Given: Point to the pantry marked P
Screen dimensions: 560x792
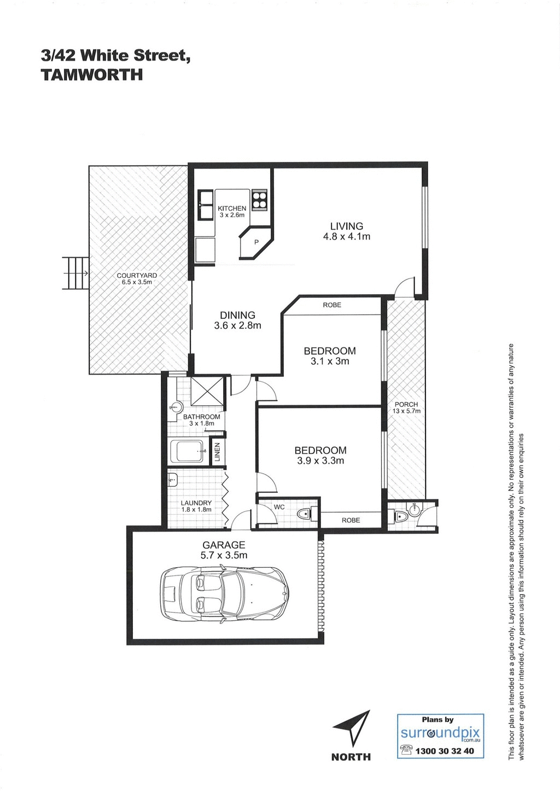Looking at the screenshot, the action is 255,242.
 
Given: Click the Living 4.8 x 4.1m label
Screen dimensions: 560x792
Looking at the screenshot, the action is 347,231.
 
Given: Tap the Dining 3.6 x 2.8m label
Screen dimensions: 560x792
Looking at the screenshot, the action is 237,320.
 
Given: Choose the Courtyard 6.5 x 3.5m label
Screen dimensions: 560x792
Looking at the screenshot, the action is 137,278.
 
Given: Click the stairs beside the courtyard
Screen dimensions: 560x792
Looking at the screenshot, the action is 75,273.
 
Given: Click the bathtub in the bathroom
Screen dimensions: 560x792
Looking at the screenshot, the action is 187,451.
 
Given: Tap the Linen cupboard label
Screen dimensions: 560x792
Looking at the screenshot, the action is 217,452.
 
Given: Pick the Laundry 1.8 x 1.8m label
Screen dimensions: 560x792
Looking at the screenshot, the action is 196,506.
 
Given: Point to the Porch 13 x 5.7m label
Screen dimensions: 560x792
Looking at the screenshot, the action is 406,407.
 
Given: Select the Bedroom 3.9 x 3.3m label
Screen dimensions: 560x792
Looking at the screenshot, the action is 320,455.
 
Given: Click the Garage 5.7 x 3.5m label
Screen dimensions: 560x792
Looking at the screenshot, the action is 224,550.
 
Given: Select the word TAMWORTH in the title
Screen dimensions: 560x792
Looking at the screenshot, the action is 92,75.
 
